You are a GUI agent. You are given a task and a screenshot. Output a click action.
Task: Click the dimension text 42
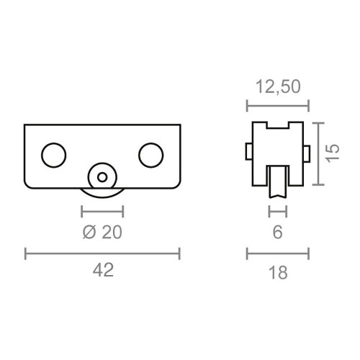tap(102, 271)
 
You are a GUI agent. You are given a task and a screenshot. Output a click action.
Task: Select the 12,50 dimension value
tap(277, 87)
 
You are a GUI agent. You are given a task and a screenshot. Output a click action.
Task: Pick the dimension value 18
tap(277, 271)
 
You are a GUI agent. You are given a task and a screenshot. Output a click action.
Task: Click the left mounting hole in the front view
tap(53, 154)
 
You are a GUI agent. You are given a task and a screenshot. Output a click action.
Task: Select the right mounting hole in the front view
tap(151, 154)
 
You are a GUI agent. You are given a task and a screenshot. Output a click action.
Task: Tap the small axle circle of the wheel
tap(102, 175)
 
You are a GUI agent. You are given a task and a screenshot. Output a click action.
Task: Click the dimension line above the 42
tap(102, 253)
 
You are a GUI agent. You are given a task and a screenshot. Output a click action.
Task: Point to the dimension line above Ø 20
tap(102, 212)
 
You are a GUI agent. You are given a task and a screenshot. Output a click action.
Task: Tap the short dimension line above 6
tap(277, 212)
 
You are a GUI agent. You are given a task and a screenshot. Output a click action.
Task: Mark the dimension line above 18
tap(277, 253)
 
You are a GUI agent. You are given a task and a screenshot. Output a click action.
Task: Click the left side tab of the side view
tap(248, 152)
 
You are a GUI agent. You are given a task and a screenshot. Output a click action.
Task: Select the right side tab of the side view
tap(307, 152)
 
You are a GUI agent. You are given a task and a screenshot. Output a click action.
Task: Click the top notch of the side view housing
tap(277, 127)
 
